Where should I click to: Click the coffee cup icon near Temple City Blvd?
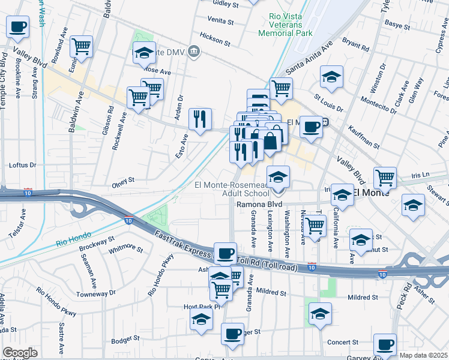click(x=18, y=27)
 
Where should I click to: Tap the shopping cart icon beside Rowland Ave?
click(x=81, y=46)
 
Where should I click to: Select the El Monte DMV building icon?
click(x=194, y=52)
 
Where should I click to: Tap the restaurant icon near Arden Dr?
click(x=200, y=118)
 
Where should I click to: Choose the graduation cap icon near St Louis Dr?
click(x=331, y=77)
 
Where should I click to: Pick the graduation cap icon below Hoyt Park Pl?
click(x=201, y=319)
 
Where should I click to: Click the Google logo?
click(x=20, y=353)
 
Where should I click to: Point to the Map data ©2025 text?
click(x=424, y=355)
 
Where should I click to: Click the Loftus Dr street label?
click(x=23, y=165)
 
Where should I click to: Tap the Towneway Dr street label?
click(x=96, y=293)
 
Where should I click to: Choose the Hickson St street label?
click(x=215, y=36)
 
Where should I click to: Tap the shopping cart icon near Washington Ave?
click(x=314, y=226)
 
